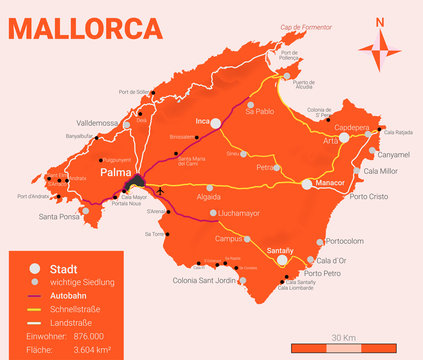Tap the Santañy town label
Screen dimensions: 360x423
[280, 250]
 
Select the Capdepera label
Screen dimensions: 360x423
[352, 128]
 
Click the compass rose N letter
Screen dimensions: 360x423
[379, 22]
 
